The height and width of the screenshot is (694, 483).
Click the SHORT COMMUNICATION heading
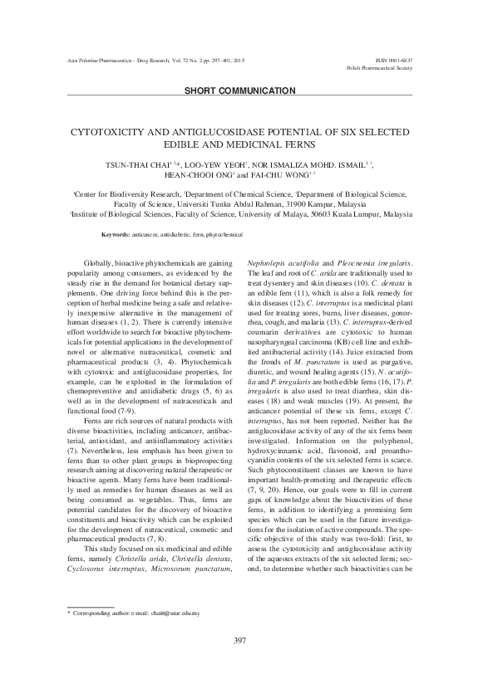pyautogui.click(x=241, y=90)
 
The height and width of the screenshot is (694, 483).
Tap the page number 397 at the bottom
pyautogui.click(x=241, y=662)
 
